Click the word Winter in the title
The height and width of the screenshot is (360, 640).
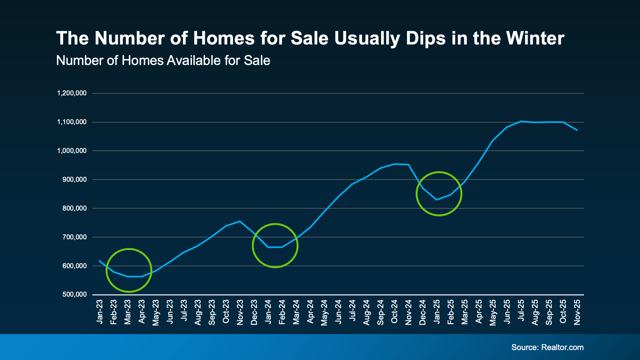[x=535, y=38]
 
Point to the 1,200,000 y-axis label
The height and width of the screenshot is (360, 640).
[x=72, y=93]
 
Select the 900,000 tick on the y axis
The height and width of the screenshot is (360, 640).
[x=74, y=180]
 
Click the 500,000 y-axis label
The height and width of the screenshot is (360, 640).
[x=74, y=294]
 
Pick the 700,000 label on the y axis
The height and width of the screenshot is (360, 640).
[x=74, y=237]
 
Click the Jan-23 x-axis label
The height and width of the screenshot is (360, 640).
[x=100, y=312]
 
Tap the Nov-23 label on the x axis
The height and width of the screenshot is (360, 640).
[x=240, y=312]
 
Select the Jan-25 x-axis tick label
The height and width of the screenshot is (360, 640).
[x=437, y=312]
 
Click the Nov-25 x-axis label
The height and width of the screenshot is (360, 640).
[x=577, y=312]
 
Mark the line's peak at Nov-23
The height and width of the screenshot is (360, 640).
[x=240, y=221]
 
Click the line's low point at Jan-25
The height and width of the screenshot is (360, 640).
[x=437, y=200]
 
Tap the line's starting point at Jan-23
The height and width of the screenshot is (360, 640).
[x=100, y=261]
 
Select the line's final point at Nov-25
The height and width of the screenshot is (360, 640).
[x=577, y=130]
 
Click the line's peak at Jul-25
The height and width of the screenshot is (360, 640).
[x=521, y=121]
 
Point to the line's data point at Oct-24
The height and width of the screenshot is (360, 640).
[x=395, y=164]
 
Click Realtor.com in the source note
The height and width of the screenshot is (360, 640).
[x=562, y=347]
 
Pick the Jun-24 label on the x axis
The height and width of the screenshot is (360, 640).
[x=338, y=312]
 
